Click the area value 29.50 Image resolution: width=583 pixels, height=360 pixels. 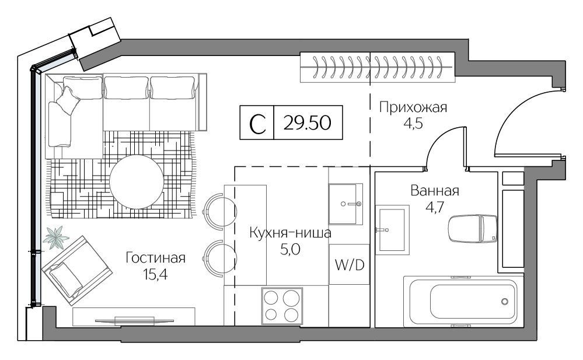307,123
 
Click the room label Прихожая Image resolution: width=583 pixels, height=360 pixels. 413,107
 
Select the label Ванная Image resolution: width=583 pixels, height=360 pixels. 435,191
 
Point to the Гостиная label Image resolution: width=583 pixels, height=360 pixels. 155,257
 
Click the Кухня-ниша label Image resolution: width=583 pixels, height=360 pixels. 290,233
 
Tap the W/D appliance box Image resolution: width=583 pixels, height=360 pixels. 349,264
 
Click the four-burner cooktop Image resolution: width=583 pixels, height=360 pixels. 282,306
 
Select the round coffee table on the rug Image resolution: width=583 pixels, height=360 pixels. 137,182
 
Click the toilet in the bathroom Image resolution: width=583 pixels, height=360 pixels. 473,228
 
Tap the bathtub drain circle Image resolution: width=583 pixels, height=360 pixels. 505,301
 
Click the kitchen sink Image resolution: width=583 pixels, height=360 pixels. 346,204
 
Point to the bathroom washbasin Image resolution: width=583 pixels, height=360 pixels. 392,230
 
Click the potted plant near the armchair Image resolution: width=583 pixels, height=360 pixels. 56,238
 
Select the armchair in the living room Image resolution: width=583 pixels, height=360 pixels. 77,270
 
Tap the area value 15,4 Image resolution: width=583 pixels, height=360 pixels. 155,275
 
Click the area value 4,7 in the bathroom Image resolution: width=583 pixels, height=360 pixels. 435,207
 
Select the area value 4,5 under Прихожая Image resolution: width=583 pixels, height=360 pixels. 413,124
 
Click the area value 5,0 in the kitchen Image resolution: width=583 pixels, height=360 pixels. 290,250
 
